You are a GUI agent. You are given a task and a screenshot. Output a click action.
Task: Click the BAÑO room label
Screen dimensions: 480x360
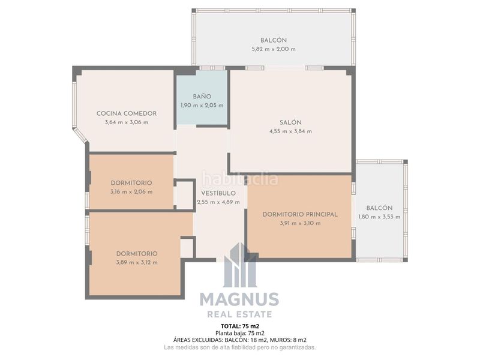tap(202, 97)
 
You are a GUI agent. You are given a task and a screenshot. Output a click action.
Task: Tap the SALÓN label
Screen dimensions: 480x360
tap(290, 122)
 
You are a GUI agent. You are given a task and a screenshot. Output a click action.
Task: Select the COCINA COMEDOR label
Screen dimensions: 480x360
tap(127, 113)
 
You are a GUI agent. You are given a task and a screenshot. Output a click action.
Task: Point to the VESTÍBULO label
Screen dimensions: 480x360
tap(218, 193)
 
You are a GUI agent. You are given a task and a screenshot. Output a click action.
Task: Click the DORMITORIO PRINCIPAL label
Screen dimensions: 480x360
tap(300, 214)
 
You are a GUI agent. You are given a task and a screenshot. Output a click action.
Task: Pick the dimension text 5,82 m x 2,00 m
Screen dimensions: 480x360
tap(274, 49)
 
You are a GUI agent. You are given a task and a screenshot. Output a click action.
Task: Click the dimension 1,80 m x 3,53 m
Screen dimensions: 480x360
tap(379, 217)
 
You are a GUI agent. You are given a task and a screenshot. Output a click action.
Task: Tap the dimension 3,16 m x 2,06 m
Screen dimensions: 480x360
tap(131, 192)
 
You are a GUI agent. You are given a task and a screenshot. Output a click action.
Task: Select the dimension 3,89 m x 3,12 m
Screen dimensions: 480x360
tap(137, 262)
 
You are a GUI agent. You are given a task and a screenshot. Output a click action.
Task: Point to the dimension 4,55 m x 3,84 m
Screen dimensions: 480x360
tap(290, 131)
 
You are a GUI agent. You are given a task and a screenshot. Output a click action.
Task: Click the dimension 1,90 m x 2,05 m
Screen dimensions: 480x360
tap(202, 106)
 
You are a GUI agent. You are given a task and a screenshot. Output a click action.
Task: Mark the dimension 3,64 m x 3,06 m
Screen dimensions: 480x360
tap(127, 122)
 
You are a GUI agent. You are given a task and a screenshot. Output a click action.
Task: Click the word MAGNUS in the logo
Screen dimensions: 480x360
tap(239, 299)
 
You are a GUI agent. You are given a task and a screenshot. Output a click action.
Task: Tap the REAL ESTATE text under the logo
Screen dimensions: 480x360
tap(239, 314)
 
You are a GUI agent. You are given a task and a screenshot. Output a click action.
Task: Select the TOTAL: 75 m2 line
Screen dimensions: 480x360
tap(239, 326)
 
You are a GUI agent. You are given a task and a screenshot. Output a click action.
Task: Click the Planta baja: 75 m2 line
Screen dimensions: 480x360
tap(239, 333)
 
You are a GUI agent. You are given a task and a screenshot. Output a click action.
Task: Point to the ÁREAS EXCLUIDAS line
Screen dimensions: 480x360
tap(239, 340)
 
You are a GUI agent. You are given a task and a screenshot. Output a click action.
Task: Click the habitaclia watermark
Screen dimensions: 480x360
tap(240, 178)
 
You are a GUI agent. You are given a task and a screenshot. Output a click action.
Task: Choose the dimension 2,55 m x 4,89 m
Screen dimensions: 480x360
tap(218, 202)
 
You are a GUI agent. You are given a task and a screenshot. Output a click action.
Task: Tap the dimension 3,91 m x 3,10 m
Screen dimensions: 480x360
tap(300, 223)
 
